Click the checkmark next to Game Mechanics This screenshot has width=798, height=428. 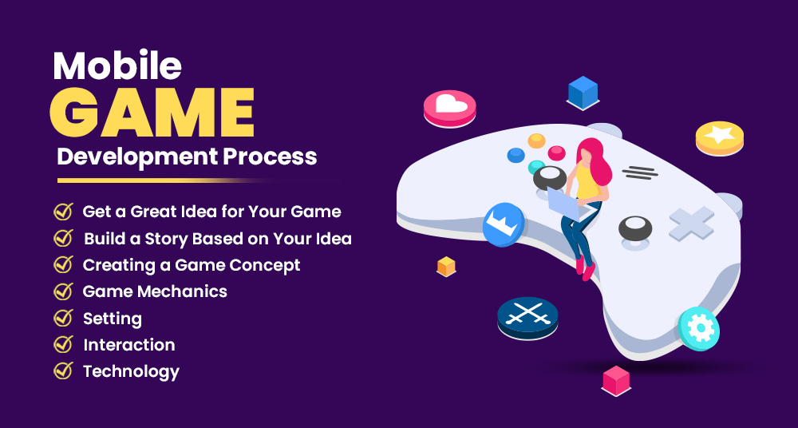click(63, 291)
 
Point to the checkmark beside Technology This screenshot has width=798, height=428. click(63, 371)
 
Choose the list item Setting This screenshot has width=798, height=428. click(113, 319)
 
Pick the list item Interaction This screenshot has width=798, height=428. click(128, 345)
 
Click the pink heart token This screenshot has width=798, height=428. click(449, 107)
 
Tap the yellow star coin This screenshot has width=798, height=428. click(719, 137)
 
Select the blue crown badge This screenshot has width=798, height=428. click(504, 223)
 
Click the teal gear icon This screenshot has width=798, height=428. click(699, 328)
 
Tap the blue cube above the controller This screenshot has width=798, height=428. click(583, 92)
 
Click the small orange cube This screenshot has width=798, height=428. click(446, 266)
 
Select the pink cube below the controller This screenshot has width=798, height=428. click(615, 379)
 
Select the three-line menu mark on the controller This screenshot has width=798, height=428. click(640, 171)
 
